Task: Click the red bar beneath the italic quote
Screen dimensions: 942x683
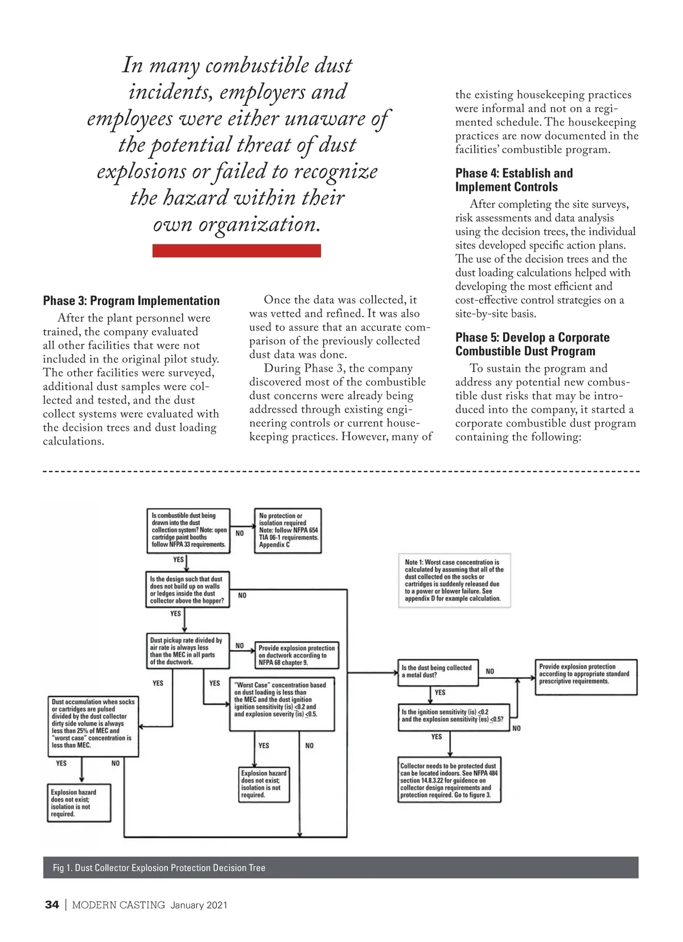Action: [x=236, y=250]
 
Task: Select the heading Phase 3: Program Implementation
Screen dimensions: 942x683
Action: [x=131, y=301]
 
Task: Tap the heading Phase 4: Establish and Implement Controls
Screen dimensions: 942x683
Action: [x=514, y=180]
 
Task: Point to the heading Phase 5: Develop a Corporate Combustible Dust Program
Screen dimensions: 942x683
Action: [x=532, y=344]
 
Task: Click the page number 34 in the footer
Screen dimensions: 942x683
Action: [x=52, y=905]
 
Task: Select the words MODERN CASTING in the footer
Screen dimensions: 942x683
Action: [x=118, y=905]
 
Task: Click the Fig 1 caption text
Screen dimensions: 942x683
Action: [x=159, y=867]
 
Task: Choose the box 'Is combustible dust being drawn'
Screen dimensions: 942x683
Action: [x=188, y=530]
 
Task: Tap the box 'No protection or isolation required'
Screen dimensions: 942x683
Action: [x=288, y=530]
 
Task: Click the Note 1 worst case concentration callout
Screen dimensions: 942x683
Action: [x=454, y=580]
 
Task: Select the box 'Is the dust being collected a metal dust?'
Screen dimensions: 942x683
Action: [x=437, y=672]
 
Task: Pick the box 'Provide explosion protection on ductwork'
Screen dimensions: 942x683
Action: [x=297, y=655]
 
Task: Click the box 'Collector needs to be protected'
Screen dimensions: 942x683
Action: [x=449, y=780]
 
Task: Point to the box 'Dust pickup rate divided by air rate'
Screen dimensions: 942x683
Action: [x=187, y=651]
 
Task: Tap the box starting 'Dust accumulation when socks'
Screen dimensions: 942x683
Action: [x=93, y=726]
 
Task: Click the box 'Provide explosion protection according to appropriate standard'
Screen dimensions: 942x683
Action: [x=586, y=676]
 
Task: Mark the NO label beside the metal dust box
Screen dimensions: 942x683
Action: [x=489, y=672]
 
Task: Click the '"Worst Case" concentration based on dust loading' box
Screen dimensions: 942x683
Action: [x=281, y=704]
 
